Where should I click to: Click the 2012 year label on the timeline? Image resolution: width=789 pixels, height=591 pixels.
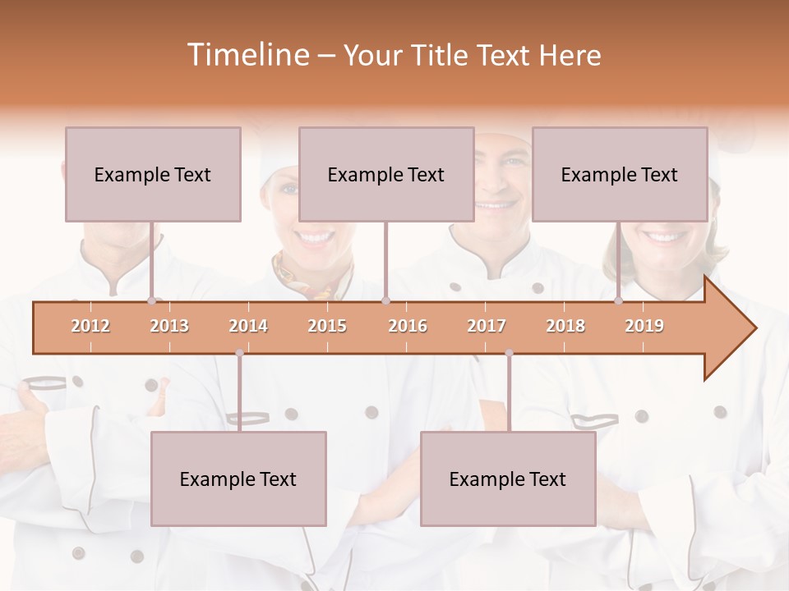pos(90,326)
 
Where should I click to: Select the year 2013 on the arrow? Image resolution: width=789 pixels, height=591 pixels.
pos(169,326)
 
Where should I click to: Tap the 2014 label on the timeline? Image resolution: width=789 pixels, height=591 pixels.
pos(248,326)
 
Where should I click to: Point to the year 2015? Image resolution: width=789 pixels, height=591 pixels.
pos(327,326)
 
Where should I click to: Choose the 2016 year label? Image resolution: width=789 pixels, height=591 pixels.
pos(408,326)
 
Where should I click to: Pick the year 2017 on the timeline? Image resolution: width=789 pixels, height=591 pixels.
pos(487,326)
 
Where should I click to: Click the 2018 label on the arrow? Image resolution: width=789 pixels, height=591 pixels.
pos(565,326)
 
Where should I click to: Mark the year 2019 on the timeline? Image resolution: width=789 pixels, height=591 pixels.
pos(644,326)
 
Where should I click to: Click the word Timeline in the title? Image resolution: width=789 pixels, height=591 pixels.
pos(247,55)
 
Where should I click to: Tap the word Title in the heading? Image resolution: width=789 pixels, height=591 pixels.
pos(445,55)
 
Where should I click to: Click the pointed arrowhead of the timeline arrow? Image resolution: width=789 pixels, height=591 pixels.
pos(740,328)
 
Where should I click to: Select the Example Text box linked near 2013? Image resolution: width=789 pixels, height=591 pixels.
pos(153,174)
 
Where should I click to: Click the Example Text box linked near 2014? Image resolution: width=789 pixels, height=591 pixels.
pos(238,479)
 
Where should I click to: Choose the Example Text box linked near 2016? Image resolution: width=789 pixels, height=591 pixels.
pos(386,174)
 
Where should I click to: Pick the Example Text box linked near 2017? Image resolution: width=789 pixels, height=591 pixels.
pos(508,479)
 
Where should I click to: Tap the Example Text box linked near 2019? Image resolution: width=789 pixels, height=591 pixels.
pos(620,174)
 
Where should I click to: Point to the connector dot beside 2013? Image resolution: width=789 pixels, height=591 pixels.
pos(151,300)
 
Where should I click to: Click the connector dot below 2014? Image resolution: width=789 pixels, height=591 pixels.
pos(239,353)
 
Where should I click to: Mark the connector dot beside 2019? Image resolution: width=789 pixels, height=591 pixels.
pos(618,300)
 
